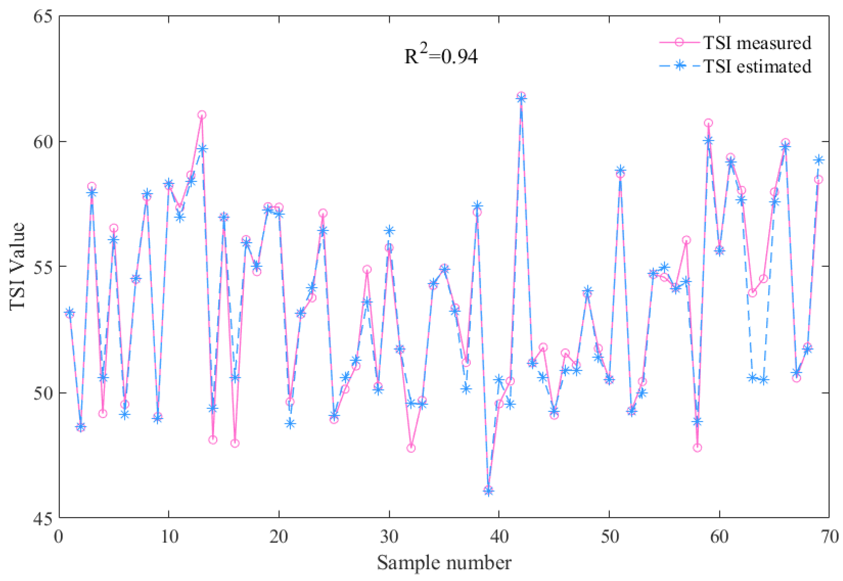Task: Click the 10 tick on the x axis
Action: [x=169, y=537]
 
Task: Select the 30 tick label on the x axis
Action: [x=389, y=537]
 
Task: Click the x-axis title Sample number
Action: [x=444, y=563]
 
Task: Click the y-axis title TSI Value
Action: [x=17, y=267]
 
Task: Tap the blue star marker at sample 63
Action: [x=753, y=378]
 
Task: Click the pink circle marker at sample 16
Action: [x=235, y=443]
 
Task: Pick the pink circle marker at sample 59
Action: [x=709, y=123]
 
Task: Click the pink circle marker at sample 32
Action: [x=411, y=448]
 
